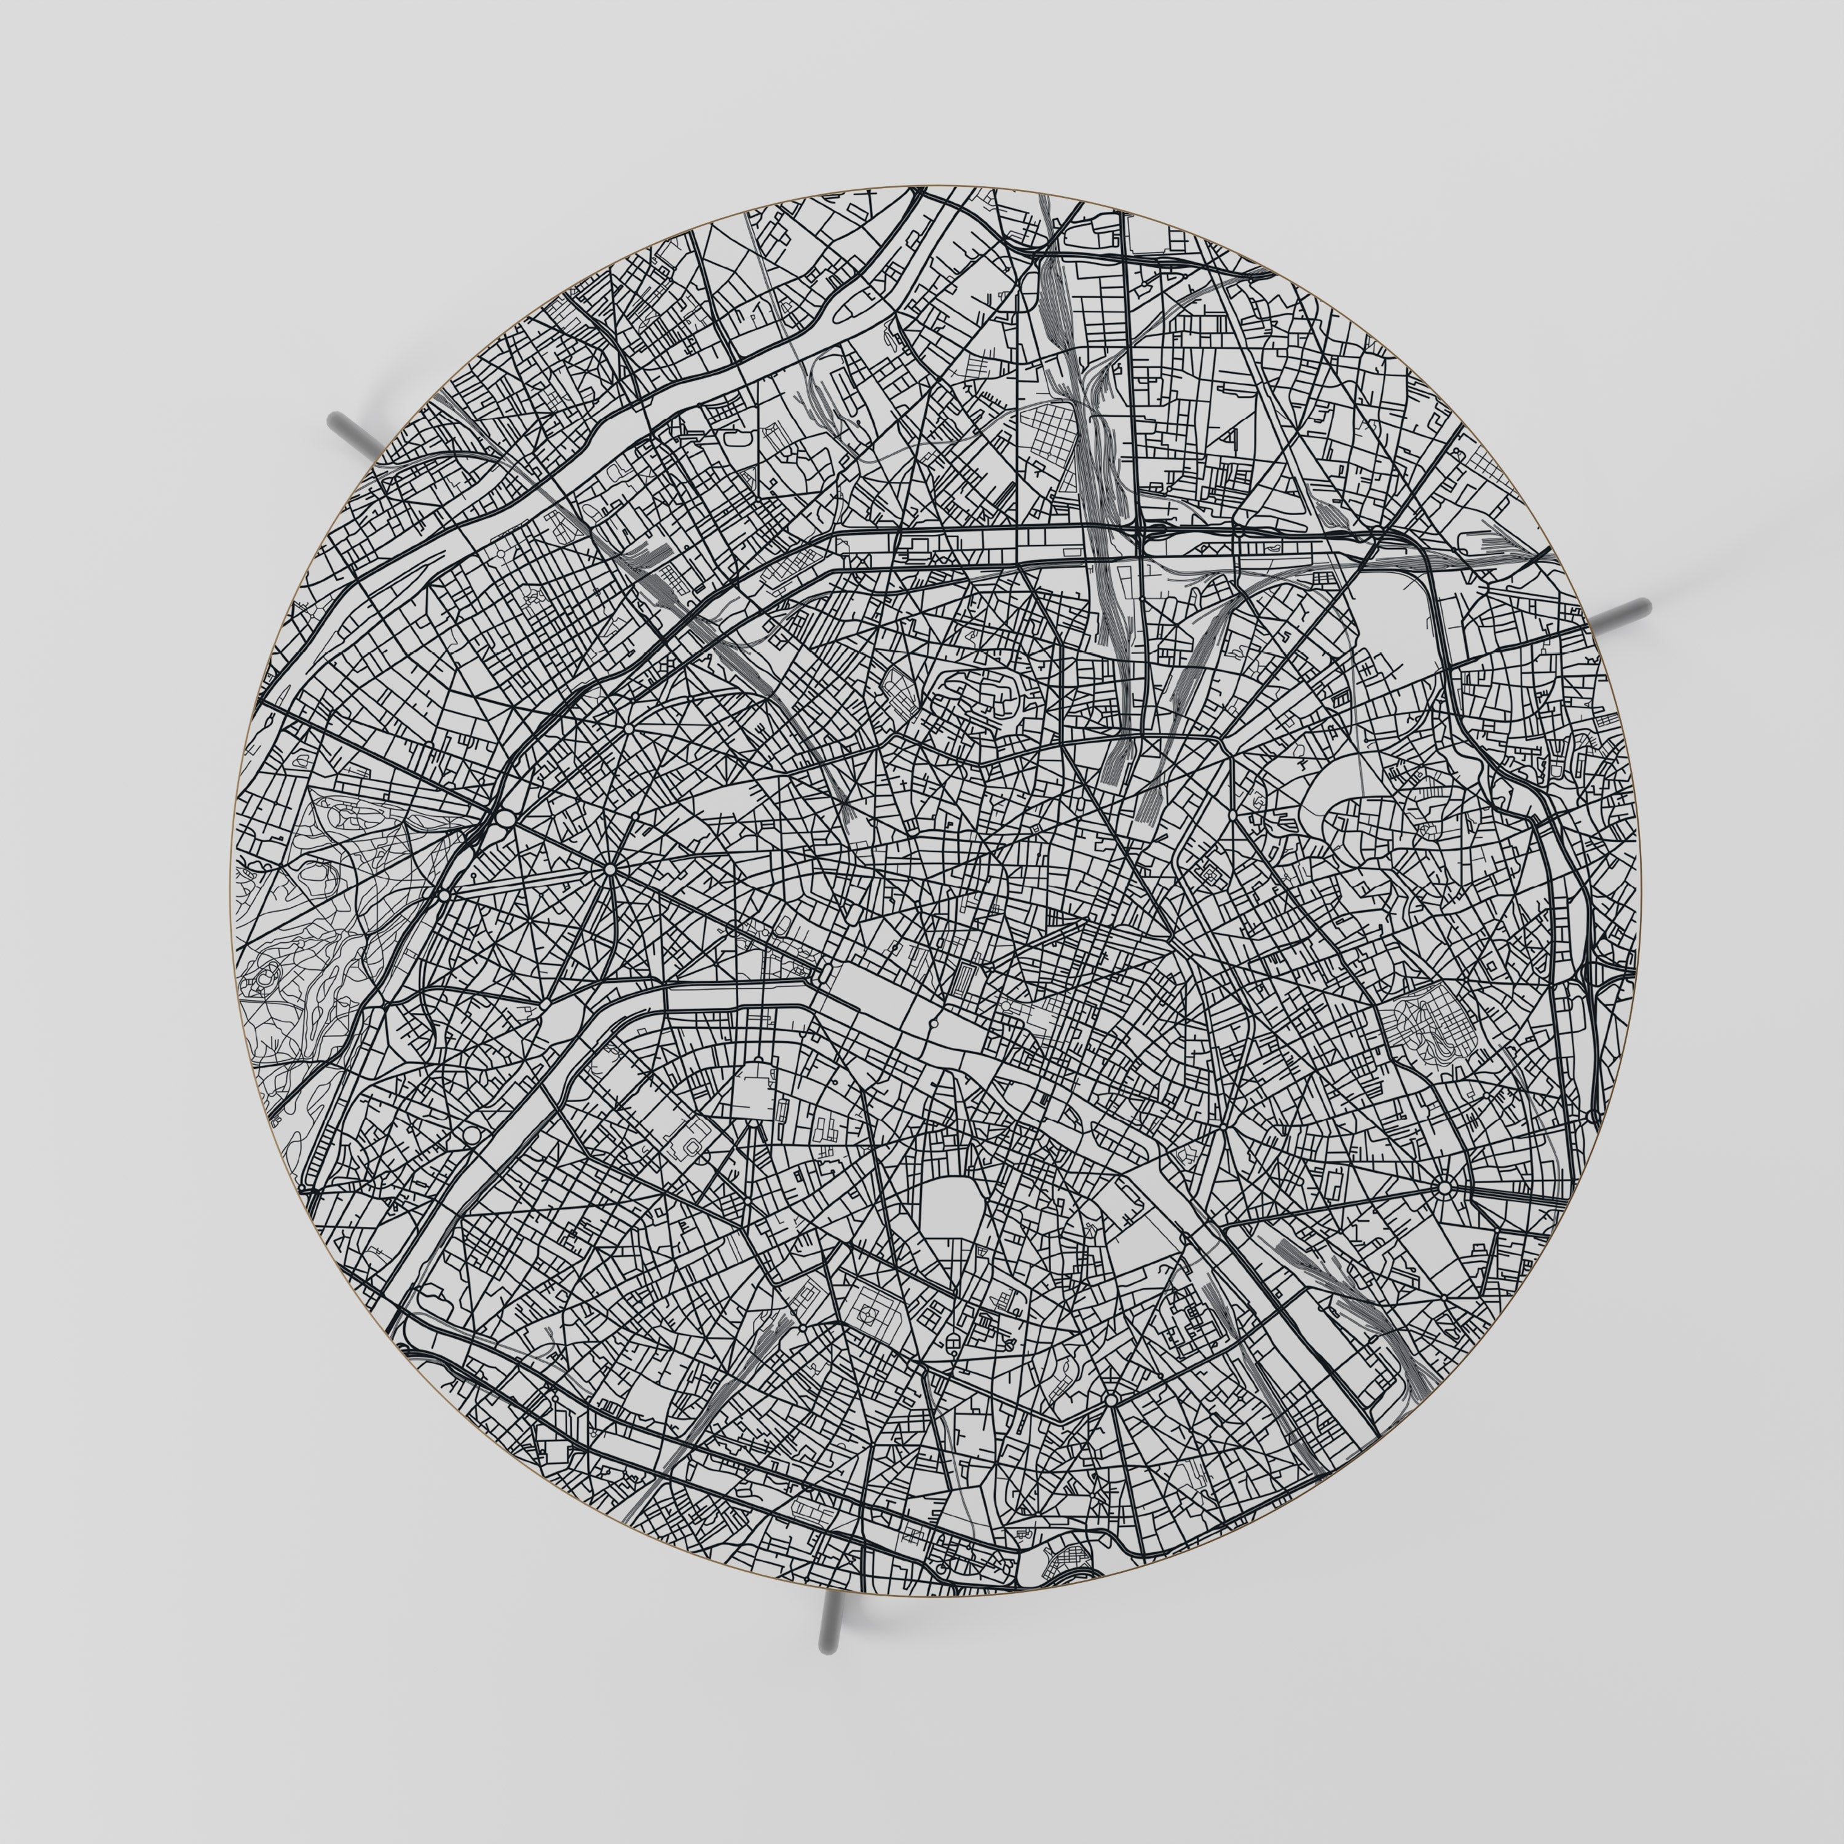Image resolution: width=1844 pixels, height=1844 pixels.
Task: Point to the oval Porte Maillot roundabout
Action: coord(505,819)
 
